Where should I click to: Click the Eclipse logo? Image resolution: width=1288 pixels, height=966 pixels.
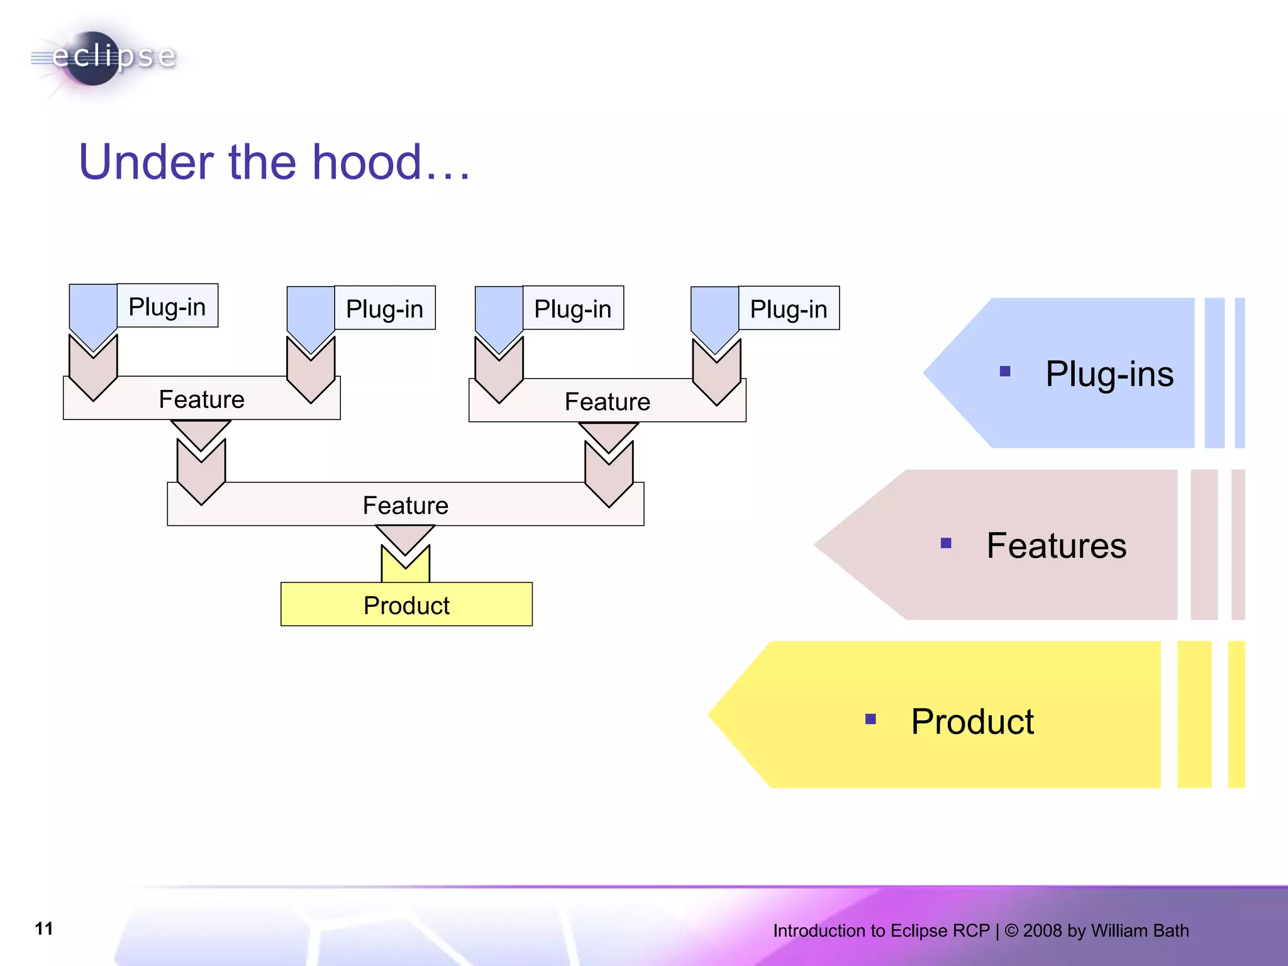click(x=104, y=58)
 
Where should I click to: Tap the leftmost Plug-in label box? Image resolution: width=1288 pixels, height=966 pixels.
click(x=167, y=306)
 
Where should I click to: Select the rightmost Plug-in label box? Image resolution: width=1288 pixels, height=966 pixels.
click(x=789, y=309)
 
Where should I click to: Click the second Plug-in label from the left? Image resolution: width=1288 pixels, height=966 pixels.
click(x=384, y=309)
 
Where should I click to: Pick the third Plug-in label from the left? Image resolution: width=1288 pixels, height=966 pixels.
click(x=572, y=309)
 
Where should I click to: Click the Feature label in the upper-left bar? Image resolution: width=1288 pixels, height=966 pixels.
click(x=201, y=399)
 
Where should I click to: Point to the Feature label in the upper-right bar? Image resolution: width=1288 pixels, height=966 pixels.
click(x=607, y=401)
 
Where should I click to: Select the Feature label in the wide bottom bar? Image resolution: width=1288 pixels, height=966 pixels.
click(x=405, y=505)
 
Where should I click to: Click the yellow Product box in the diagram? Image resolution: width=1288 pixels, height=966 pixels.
click(x=406, y=605)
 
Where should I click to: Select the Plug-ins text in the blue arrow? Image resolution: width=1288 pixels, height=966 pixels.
click(x=1109, y=374)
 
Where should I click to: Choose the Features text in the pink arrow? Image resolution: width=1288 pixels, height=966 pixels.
click(x=1056, y=545)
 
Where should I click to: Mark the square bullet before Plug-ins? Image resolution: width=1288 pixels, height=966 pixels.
click(x=1005, y=372)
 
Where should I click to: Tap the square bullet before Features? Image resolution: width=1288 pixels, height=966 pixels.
click(x=946, y=543)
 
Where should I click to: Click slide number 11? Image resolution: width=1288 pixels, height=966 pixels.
click(x=44, y=928)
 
